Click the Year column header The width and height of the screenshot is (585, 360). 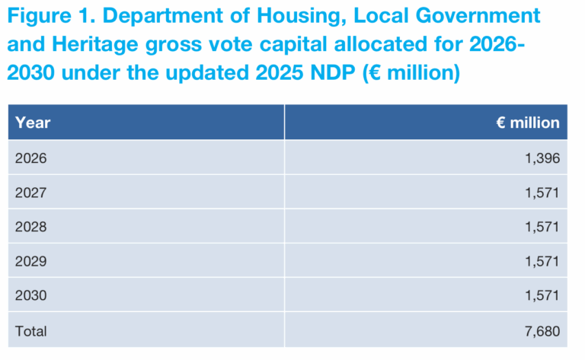pyautogui.click(x=33, y=123)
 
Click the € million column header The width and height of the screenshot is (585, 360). pyautogui.click(x=528, y=123)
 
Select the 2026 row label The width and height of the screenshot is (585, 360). pyautogui.click(x=30, y=158)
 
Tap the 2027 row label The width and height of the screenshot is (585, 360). pyautogui.click(x=30, y=193)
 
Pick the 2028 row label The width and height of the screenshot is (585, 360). pyautogui.click(x=30, y=227)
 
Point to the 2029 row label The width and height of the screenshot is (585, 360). pyautogui.click(x=30, y=261)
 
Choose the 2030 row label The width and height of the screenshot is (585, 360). pyautogui.click(x=30, y=295)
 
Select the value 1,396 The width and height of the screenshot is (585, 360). pyautogui.click(x=542, y=158)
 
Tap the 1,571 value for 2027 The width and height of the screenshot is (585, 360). pyautogui.click(x=542, y=193)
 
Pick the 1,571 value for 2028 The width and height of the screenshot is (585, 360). pyautogui.click(x=542, y=227)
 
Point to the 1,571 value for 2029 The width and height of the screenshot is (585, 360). pyautogui.click(x=542, y=261)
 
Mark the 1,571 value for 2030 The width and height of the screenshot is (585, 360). pyautogui.click(x=542, y=295)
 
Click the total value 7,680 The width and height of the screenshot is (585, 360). pyautogui.click(x=542, y=331)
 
